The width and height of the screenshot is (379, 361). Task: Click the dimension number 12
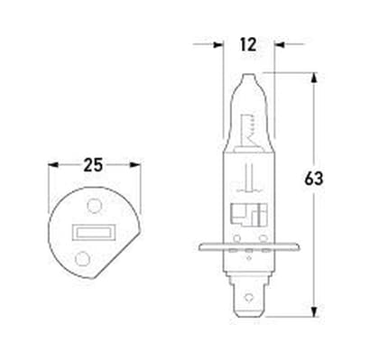(248, 44)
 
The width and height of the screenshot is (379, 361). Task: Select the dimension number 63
(314, 179)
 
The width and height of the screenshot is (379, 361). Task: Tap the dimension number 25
(93, 165)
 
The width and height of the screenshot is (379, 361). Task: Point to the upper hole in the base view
(94, 206)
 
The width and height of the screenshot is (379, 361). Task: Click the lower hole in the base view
(82, 258)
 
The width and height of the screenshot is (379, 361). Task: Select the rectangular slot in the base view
(94, 232)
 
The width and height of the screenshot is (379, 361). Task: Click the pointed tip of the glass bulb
(248, 74)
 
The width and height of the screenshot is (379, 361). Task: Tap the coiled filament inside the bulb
(252, 125)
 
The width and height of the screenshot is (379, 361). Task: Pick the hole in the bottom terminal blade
(248, 297)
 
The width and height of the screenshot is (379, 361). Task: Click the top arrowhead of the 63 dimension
(314, 77)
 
